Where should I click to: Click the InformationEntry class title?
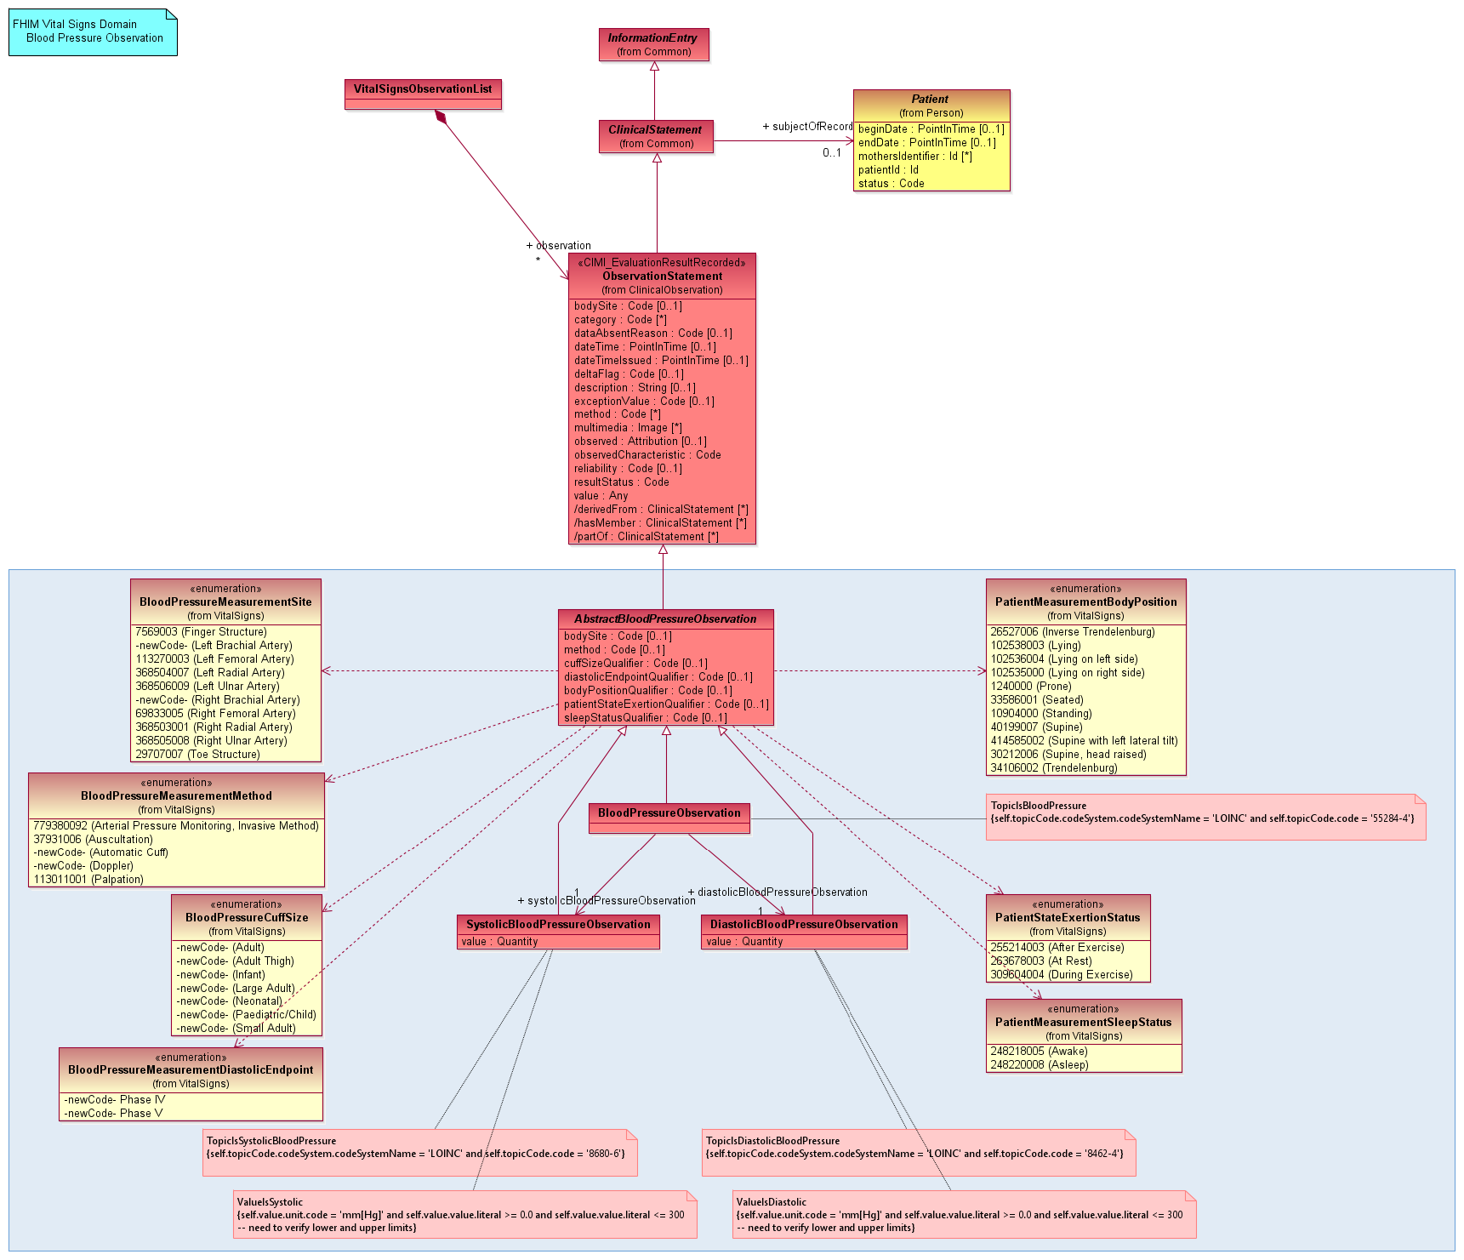tap(652, 38)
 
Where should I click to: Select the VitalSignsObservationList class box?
tap(423, 94)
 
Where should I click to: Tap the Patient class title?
tap(930, 100)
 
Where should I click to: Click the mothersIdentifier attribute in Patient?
tap(914, 157)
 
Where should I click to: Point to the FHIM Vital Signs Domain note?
tap(93, 31)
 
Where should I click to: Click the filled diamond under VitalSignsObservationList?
tap(441, 117)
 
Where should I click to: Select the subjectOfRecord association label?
tap(807, 127)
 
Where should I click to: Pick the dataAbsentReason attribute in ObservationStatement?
tap(652, 334)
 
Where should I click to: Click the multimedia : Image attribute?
tap(628, 428)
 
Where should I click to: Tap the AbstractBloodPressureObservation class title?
tap(665, 619)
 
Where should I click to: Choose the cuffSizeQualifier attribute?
tap(635, 664)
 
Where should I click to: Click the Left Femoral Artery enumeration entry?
tap(214, 659)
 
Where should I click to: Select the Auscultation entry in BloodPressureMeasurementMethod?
tap(93, 840)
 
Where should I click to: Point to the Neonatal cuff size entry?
tap(229, 1001)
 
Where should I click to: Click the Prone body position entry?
tap(1032, 687)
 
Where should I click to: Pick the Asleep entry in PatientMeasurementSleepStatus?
tap(1039, 1065)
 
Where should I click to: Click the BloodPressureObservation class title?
tap(669, 813)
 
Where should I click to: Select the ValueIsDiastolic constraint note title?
tap(771, 1202)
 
